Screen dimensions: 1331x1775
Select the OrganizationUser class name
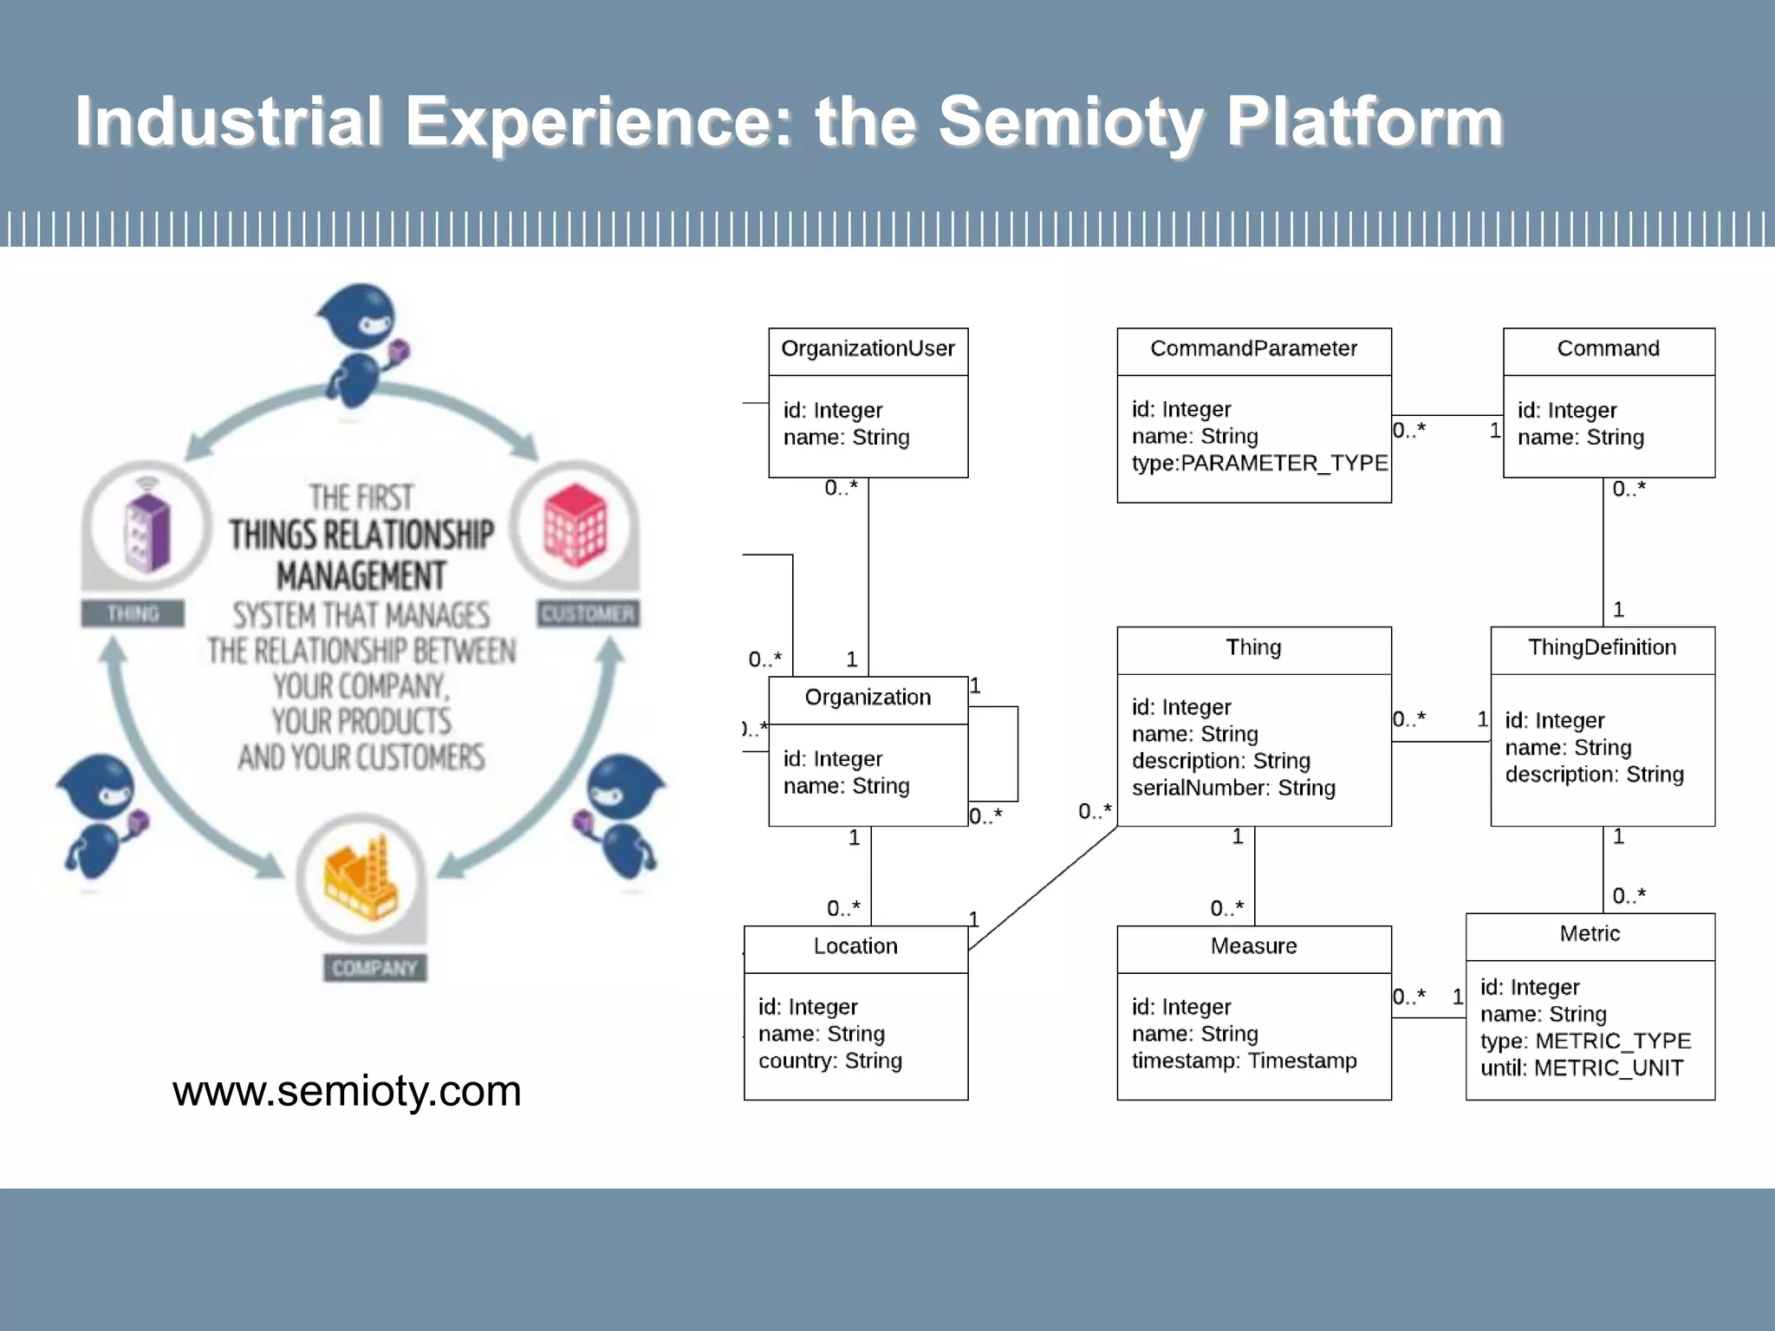coord(868,348)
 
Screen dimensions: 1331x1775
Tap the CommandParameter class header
coord(1253,348)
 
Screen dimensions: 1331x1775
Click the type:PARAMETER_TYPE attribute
coord(1258,464)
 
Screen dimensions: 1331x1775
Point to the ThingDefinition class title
coord(1602,647)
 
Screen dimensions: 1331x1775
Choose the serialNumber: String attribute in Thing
coord(1232,788)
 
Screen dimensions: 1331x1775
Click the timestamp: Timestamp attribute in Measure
coord(1244,1061)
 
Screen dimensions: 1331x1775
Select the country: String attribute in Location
coord(829,1061)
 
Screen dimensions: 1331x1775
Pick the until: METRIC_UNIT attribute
coord(1581,1068)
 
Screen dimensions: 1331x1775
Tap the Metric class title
coord(1590,933)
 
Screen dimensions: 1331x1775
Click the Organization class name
coord(868,698)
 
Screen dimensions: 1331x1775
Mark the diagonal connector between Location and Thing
coord(1043,888)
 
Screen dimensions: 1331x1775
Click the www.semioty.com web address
coord(347,1091)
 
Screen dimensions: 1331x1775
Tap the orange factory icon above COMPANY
coord(361,877)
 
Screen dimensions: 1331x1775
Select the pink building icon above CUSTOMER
coord(575,525)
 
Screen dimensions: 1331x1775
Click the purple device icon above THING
coord(146,527)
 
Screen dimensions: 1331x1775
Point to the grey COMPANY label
coord(374,968)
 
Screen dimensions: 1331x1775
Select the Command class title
coord(1608,348)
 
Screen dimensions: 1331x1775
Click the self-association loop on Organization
coord(1018,754)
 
